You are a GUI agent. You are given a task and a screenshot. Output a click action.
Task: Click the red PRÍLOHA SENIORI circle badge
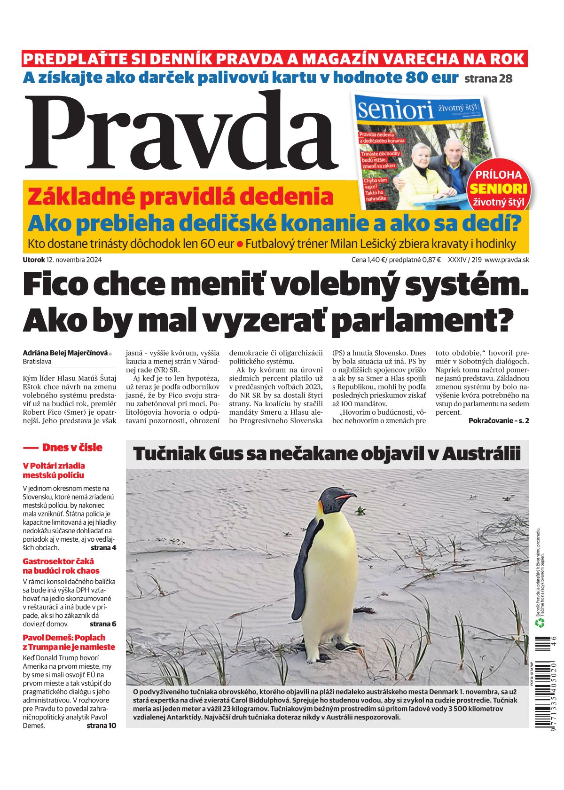point(498,188)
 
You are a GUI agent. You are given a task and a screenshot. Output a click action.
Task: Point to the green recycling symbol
point(540,623)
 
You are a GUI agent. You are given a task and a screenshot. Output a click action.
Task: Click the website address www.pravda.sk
point(506,260)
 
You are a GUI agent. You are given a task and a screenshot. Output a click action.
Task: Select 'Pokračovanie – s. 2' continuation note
point(498,420)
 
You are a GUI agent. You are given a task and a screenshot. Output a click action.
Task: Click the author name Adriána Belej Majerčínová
point(65,353)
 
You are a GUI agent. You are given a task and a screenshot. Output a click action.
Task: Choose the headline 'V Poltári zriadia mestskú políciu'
point(54,470)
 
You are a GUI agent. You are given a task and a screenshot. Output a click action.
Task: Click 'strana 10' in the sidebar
point(101,725)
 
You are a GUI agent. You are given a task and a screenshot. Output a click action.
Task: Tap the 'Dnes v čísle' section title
point(72,447)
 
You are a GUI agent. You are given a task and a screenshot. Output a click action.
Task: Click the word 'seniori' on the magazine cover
point(395,110)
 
